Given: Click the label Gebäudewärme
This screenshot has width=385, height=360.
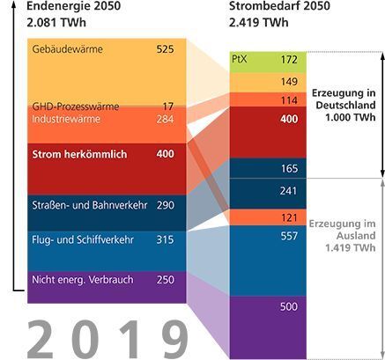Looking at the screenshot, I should point(67,49).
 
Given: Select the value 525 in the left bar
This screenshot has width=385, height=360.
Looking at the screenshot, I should point(165,49).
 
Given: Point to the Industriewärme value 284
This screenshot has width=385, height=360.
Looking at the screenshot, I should point(165,119).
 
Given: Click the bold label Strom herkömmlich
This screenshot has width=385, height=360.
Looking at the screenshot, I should point(79,155).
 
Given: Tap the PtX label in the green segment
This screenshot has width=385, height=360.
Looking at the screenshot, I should point(239,59).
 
